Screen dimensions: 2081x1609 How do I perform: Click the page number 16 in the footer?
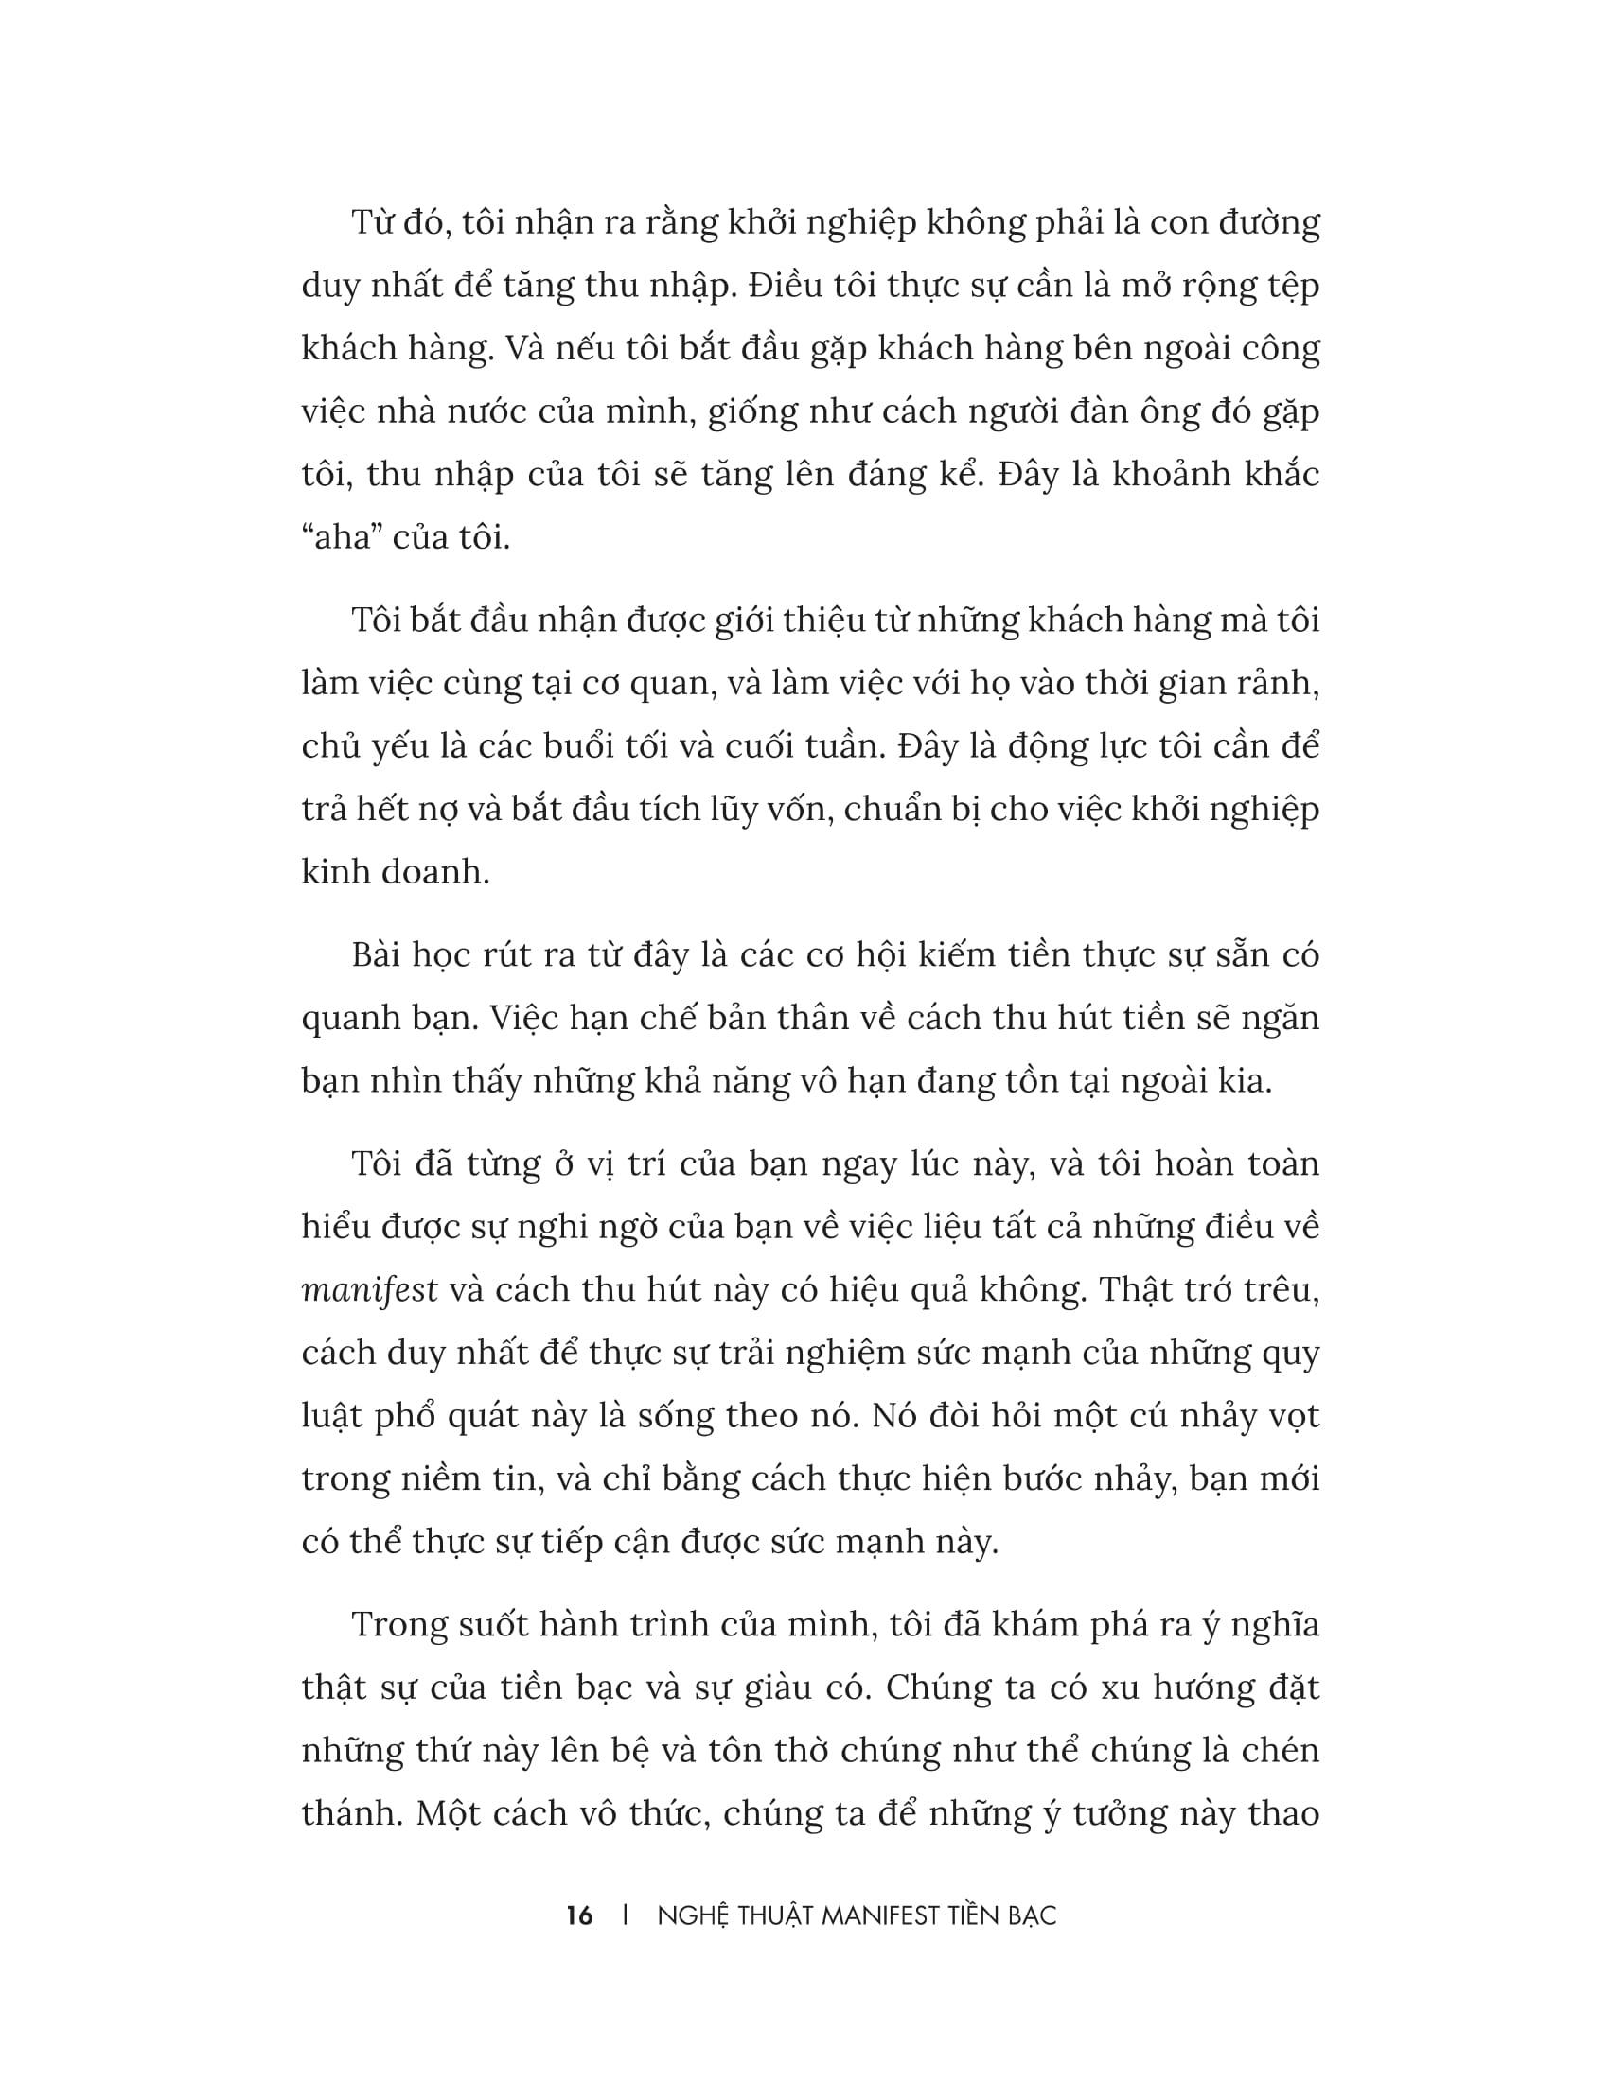click(578, 1916)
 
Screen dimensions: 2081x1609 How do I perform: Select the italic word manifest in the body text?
click(370, 1290)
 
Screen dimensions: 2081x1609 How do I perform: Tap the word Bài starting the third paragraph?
click(380, 955)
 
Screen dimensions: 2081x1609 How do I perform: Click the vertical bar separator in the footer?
click(625, 1916)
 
